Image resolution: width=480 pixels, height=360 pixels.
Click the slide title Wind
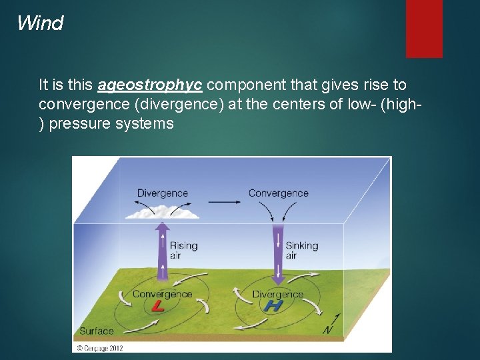coord(40,23)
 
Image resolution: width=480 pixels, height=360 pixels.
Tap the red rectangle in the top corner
coord(424,28)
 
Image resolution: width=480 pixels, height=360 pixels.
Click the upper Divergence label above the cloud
coord(163,193)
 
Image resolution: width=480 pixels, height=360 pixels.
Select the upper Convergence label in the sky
coord(278,193)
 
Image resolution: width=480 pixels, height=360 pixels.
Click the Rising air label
coord(183,250)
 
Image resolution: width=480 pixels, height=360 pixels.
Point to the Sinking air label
coord(301,250)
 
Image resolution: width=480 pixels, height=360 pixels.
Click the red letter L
coord(157,307)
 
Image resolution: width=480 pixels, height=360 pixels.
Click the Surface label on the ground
coord(97,331)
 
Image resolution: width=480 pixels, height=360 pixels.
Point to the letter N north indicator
coord(327,329)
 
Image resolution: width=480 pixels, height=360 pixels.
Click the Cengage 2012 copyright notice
coord(99,347)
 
